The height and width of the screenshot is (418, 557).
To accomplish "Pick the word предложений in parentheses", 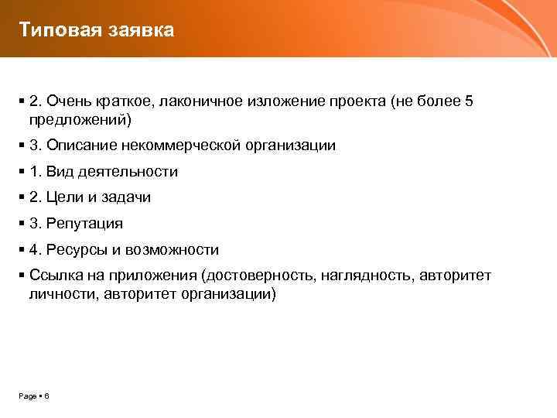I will (x=78, y=119).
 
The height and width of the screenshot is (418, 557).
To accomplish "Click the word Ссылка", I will (x=55, y=276).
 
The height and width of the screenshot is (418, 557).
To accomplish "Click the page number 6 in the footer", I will (x=46, y=396).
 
